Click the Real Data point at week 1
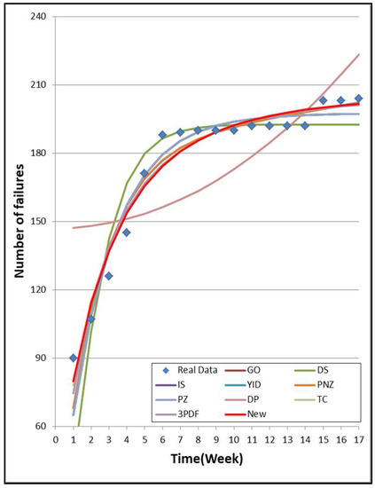(x=74, y=358)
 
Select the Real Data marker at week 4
(x=127, y=232)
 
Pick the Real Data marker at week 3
(x=109, y=276)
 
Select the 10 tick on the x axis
(x=233, y=438)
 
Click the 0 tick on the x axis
(x=55, y=438)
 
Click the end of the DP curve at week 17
(x=358, y=55)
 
